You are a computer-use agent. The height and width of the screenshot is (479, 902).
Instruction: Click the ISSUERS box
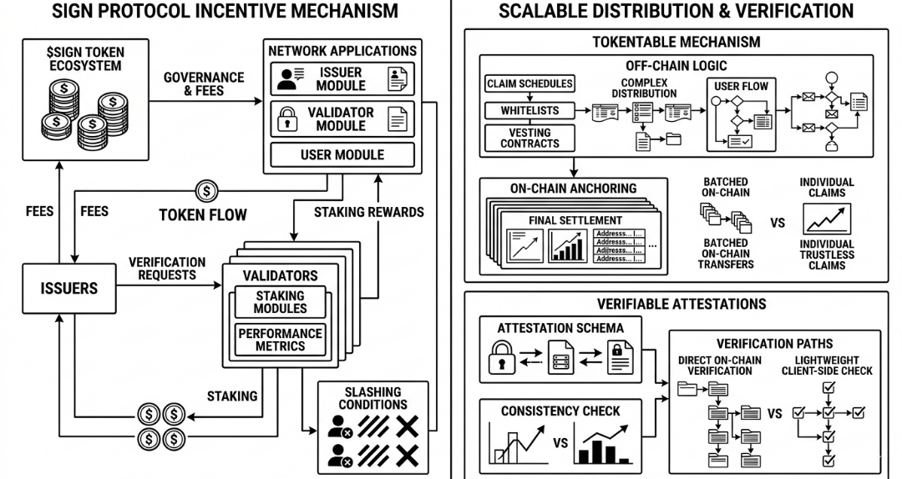[x=69, y=289]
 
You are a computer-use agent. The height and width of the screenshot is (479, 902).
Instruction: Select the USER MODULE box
[x=342, y=155]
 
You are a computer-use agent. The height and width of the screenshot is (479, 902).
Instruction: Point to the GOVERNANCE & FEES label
[x=204, y=84]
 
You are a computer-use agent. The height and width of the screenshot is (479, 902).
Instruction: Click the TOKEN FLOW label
[x=203, y=215]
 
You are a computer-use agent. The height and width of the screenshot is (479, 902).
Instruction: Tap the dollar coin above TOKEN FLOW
[x=206, y=190]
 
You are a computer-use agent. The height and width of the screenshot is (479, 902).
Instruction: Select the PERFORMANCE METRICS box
[x=281, y=340]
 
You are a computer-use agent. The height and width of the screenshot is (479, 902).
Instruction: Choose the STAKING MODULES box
[x=281, y=302]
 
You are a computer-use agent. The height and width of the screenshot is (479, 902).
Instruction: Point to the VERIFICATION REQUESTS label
[x=167, y=268]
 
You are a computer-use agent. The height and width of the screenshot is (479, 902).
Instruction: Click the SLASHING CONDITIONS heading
[x=373, y=398]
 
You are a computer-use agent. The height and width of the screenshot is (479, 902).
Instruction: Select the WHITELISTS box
[x=530, y=110]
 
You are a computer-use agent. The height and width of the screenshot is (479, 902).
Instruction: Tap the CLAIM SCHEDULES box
[x=530, y=83]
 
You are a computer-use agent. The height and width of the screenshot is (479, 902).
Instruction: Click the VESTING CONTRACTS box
[x=530, y=138]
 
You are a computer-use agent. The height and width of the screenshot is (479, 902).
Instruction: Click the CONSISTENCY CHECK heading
[x=560, y=411]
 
